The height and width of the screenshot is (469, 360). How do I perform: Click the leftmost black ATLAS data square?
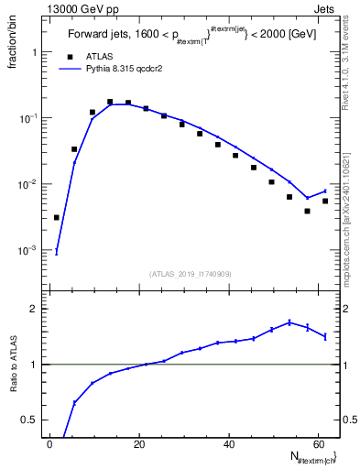(x=57, y=218)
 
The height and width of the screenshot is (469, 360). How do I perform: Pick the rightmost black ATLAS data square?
(x=325, y=201)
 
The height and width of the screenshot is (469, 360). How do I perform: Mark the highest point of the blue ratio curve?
(x=289, y=322)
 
